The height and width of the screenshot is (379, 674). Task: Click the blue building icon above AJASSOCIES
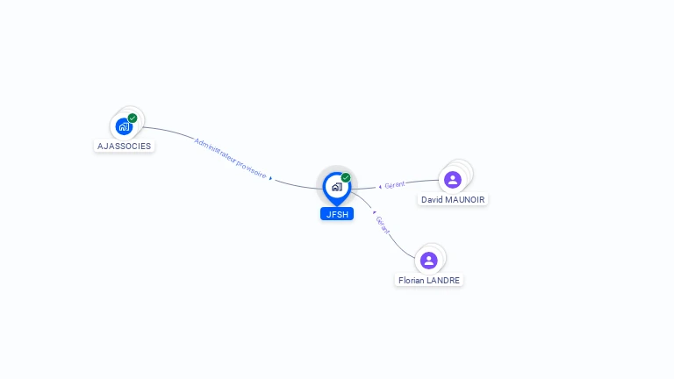[124, 126]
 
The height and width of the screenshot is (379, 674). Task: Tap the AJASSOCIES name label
[124, 146]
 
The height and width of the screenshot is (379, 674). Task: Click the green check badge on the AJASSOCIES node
[133, 118]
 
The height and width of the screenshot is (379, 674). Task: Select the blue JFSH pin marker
[336, 187]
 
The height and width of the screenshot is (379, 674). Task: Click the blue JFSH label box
[336, 213]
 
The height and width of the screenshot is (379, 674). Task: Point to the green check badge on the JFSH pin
[346, 177]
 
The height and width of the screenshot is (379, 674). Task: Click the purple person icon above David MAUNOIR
[453, 180]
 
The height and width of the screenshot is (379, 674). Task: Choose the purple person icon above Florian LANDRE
[428, 260]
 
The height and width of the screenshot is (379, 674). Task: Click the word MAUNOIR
[464, 200]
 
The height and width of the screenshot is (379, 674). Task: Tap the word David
[432, 200]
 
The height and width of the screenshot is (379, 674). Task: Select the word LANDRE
[443, 281]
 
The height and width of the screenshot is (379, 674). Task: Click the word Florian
[411, 281]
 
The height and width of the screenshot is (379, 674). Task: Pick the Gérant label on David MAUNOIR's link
[394, 185]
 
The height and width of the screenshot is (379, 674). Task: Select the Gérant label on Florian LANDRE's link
[383, 225]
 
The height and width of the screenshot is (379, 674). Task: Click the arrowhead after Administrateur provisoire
[271, 178]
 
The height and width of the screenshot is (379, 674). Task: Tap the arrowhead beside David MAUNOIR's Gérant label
[379, 186]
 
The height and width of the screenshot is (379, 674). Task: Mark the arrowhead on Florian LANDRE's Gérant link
[375, 212]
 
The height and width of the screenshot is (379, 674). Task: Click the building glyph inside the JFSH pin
[336, 187]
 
